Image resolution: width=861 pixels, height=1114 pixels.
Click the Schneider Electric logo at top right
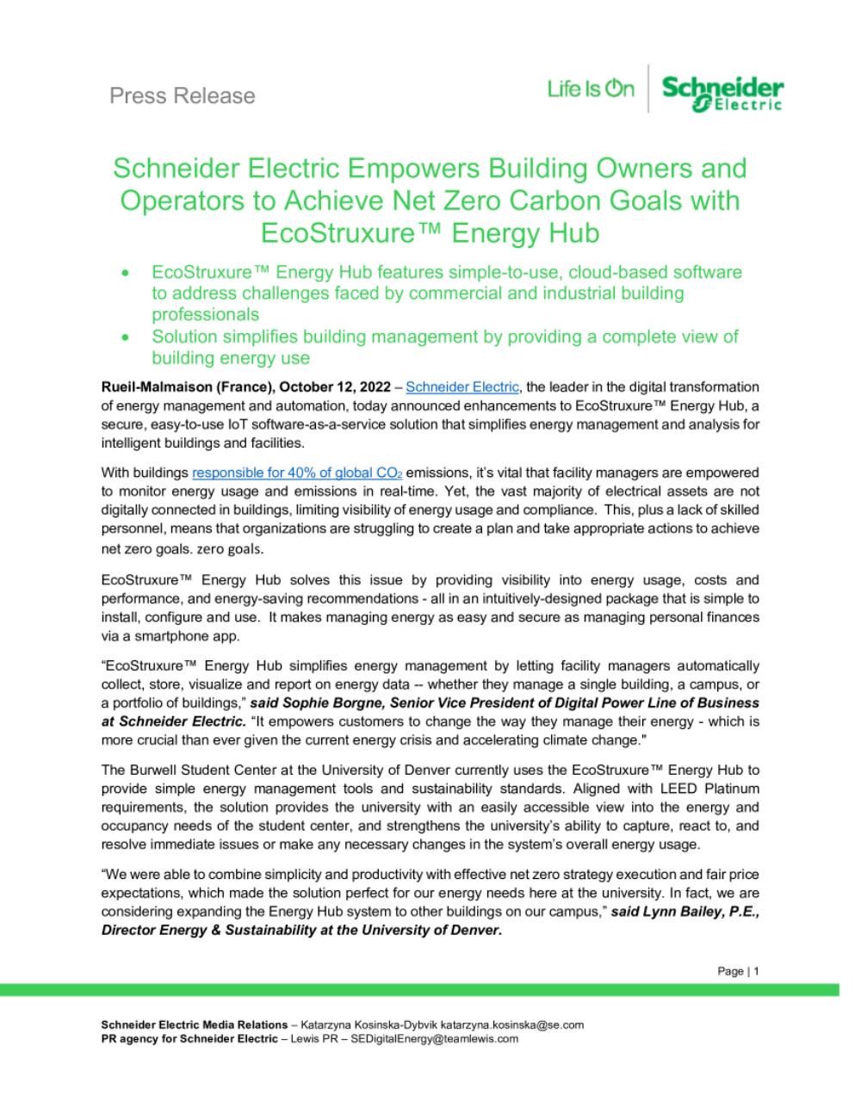tap(722, 91)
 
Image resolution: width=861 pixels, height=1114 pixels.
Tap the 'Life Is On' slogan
tap(590, 89)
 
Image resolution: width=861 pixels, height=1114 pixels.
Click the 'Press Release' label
tap(183, 96)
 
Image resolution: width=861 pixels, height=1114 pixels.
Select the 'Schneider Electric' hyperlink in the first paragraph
tap(462, 387)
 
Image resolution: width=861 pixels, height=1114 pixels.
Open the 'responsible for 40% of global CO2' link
tap(297, 473)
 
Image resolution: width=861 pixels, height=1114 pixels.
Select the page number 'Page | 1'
tap(739, 971)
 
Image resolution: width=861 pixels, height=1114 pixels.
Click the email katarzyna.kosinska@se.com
tap(512, 1024)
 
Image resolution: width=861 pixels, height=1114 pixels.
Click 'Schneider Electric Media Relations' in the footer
tap(195, 1024)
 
